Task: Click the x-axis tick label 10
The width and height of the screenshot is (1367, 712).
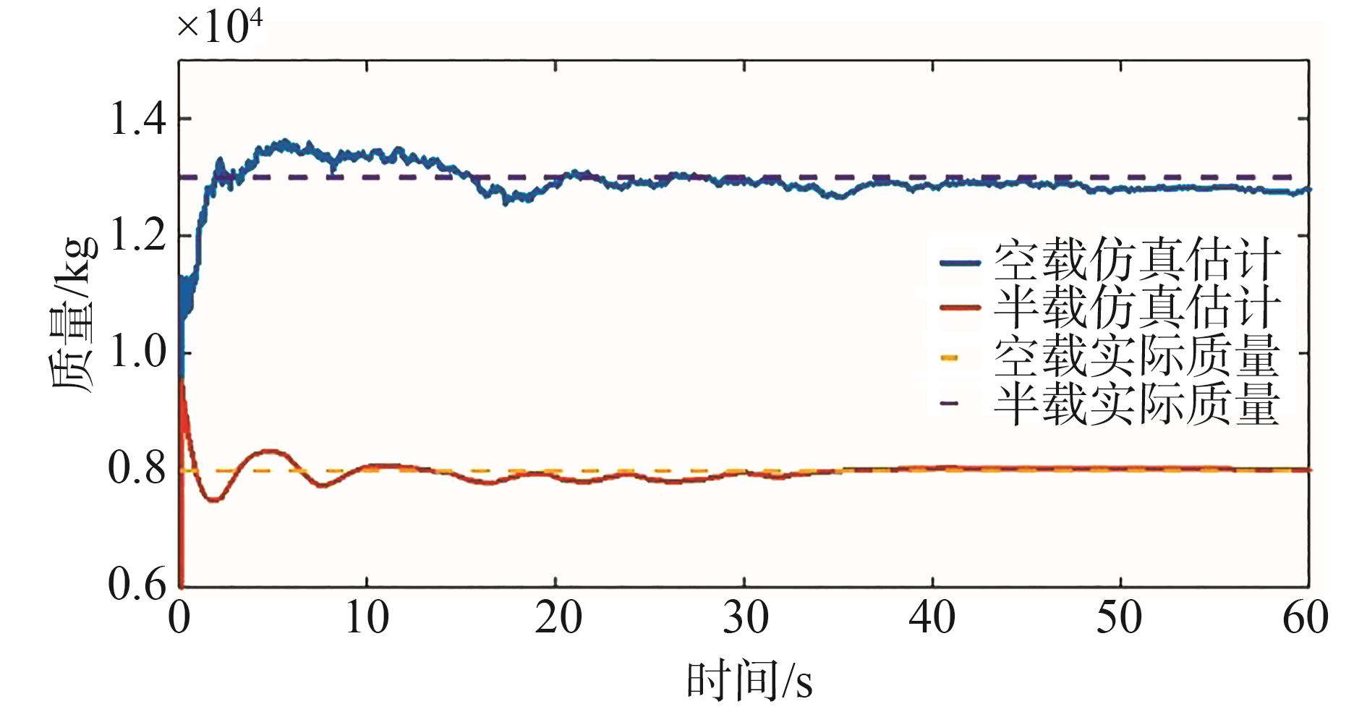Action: (367, 619)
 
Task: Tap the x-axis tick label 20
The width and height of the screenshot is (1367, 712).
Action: (558, 619)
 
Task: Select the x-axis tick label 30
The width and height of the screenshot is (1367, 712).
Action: (746, 619)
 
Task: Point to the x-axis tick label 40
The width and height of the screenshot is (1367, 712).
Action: (933, 619)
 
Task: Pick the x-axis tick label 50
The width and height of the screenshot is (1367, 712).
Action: (1120, 619)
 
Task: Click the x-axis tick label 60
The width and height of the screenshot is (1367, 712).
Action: (1306, 619)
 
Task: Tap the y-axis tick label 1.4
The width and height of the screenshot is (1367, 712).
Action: (137, 119)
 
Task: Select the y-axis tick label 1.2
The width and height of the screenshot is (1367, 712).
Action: (137, 237)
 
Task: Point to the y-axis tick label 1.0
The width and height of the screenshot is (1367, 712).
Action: (137, 354)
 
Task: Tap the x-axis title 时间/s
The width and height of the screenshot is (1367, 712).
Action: (749, 680)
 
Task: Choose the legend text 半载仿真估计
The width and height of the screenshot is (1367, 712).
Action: (1136, 308)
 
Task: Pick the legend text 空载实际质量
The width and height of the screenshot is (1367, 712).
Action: (1136, 356)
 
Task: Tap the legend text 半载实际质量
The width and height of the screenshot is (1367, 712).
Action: (1136, 404)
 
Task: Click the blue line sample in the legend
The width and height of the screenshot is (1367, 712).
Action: (960, 263)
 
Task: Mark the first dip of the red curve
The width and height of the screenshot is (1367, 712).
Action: (213, 499)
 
